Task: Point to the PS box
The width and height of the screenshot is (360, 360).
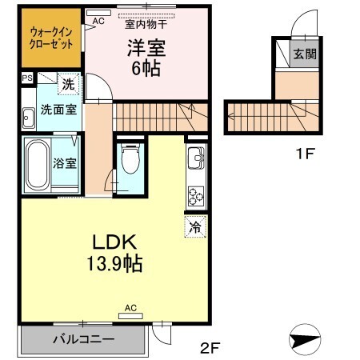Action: [x=27, y=78]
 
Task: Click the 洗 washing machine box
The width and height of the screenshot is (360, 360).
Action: [x=67, y=82]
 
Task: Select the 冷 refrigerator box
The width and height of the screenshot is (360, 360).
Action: [x=194, y=226]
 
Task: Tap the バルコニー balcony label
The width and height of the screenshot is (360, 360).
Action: [x=83, y=339]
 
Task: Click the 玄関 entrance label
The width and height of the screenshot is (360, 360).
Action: [x=303, y=54]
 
